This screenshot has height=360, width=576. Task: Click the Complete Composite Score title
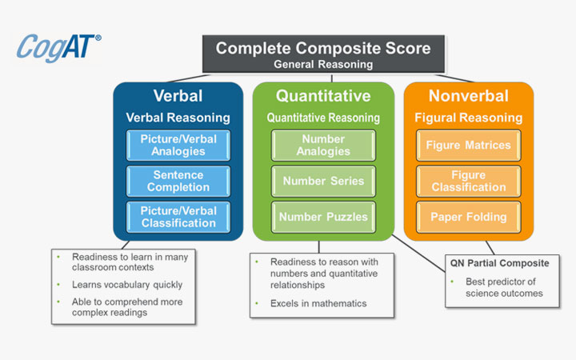323,47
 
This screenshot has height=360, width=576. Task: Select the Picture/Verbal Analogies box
178,146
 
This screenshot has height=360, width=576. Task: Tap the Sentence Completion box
178,180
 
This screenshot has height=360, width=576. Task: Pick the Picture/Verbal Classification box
178,216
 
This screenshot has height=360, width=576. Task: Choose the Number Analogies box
323,146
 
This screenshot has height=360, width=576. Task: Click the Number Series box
323,181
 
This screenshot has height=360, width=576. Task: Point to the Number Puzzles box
323,216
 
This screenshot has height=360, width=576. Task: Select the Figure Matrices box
468,146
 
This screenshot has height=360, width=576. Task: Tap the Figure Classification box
468,181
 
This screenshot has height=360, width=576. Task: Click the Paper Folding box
468,216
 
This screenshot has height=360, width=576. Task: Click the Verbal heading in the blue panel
178,96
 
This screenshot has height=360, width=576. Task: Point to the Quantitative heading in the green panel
323,96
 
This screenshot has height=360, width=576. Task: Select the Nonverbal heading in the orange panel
468,96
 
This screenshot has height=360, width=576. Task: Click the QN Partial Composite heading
500,262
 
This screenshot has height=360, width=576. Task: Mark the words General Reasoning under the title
323,63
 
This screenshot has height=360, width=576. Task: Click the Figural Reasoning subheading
468,118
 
